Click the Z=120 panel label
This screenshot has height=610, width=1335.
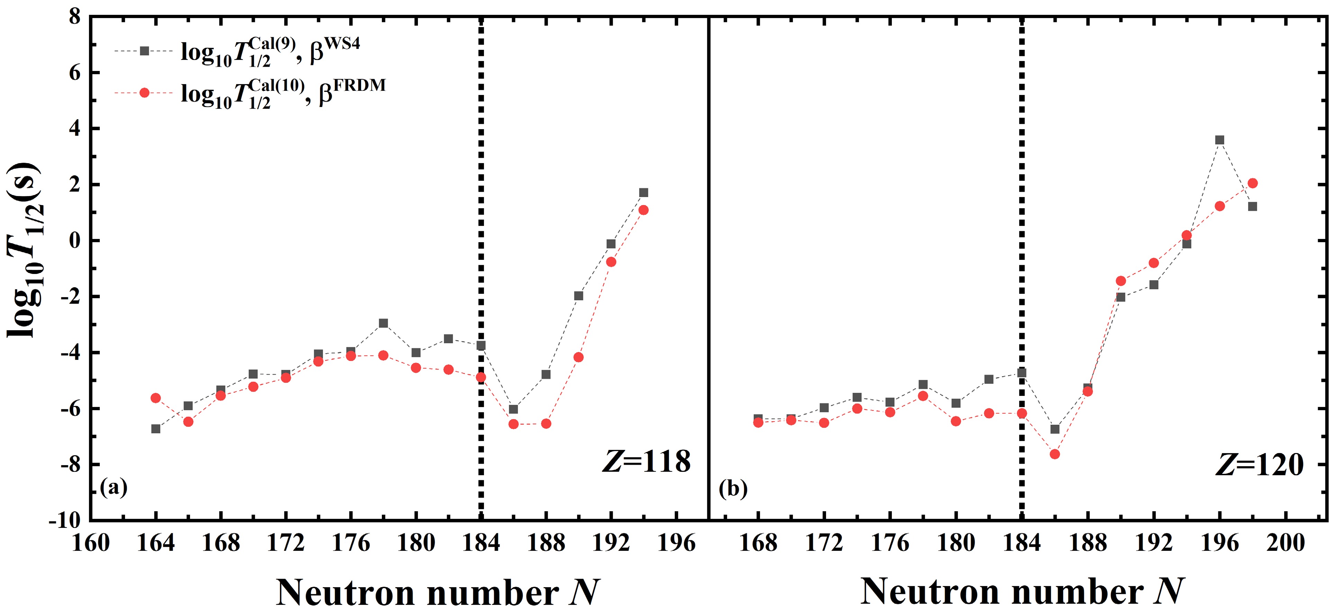pos(1259,465)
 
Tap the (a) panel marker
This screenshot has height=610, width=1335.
pos(114,488)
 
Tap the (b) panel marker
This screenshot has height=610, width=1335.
pos(733,489)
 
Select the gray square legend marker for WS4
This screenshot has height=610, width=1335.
pos(145,51)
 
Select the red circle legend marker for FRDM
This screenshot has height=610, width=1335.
pos(145,93)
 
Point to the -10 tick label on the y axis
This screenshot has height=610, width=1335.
pos(65,520)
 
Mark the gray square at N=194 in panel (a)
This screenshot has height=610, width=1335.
pos(644,193)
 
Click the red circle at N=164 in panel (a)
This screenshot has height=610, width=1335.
pos(155,398)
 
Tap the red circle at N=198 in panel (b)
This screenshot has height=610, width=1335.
pos(1253,183)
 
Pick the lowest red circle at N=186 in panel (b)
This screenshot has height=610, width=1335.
pos(1055,454)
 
